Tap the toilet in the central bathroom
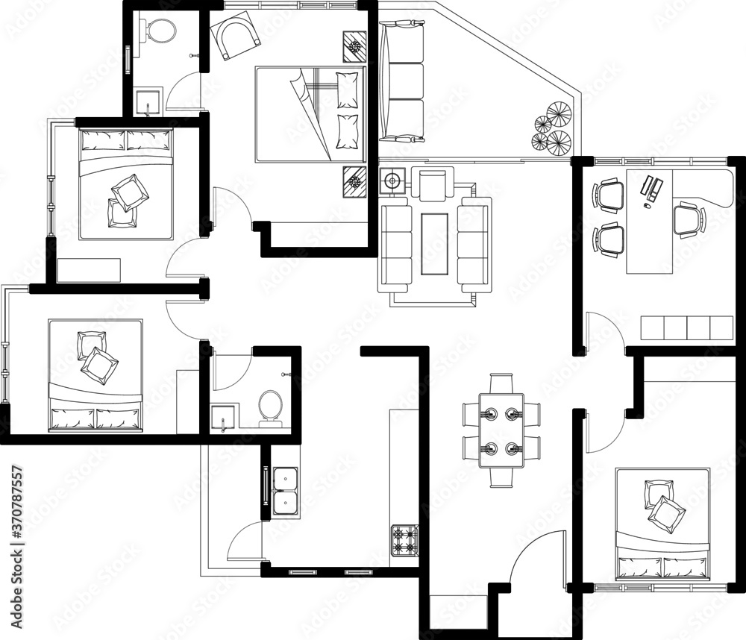coord(269,408)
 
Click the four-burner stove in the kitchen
coord(404,540)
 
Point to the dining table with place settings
coord(501,430)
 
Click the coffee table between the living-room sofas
coord(435,243)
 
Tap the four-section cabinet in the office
coord(686,328)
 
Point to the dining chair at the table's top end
coord(501,382)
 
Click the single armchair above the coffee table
coord(433,184)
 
